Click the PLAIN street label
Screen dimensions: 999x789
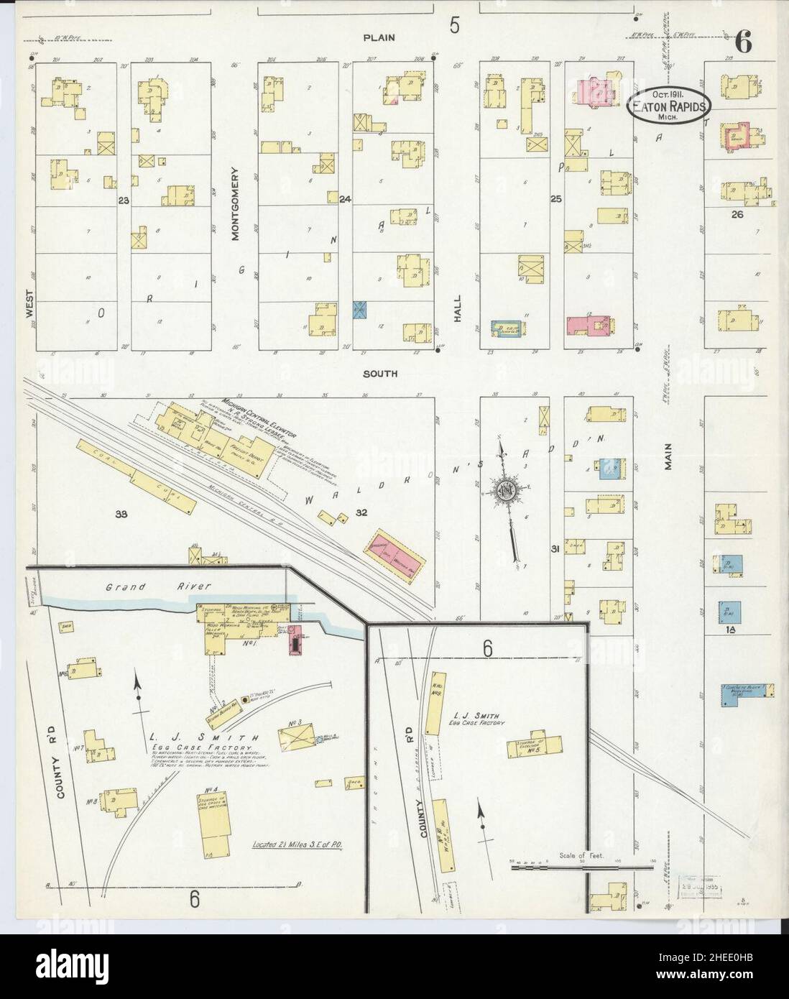379,37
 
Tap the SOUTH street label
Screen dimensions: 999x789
380,374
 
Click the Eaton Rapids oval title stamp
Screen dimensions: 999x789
669,105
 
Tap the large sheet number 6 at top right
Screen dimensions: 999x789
743,44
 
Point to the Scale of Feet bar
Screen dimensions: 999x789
573,867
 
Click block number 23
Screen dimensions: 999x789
123,201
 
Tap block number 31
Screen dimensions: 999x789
555,549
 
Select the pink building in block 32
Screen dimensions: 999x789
398,554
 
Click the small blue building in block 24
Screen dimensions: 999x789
360,310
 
